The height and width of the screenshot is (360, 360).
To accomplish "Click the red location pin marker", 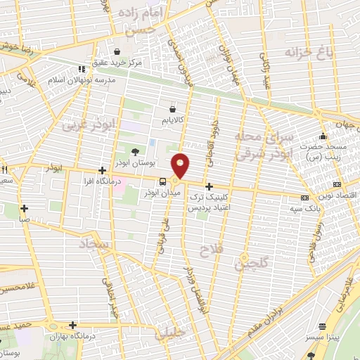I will pyautogui.click(x=181, y=165).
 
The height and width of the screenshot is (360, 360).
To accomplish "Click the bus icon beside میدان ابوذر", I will pyautogui.click(x=163, y=181).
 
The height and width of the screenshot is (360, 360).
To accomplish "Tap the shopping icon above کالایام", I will pyautogui.click(x=173, y=109).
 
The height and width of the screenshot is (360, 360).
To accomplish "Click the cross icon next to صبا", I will pyautogui.click(x=25, y=208).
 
